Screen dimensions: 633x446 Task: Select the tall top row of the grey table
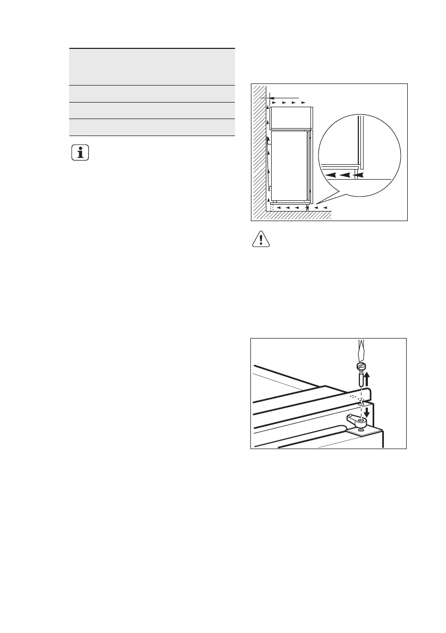[x=152, y=66]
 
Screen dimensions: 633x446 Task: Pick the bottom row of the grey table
[x=152, y=128]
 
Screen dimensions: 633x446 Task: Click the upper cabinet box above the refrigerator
[x=291, y=117]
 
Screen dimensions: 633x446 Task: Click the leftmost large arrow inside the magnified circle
[x=330, y=174]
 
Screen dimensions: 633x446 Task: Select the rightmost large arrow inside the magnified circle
[x=360, y=174]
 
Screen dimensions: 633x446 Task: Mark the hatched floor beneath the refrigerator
[x=298, y=215]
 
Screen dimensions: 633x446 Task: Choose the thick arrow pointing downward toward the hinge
[x=367, y=411]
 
